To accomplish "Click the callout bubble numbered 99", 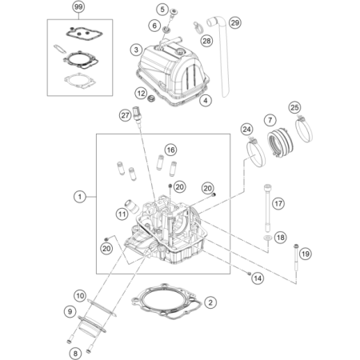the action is [78, 7].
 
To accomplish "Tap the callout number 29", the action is [234, 22].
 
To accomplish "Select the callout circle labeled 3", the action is [136, 50].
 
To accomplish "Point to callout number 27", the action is [125, 115].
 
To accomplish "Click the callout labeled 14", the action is [258, 278].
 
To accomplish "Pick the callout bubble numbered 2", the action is [210, 302].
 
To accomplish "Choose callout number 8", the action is [75, 354].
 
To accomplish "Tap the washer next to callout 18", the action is [267, 238].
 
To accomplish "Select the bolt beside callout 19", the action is [296, 258].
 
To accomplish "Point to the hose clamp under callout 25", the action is [304, 128].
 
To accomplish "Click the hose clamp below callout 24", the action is [255, 152].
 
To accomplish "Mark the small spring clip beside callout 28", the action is [198, 28].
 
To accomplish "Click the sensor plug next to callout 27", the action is [137, 114].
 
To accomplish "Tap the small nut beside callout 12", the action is [152, 98].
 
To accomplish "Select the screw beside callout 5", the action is [174, 14].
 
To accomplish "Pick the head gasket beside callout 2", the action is [166, 302].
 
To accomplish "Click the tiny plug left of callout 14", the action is [249, 274].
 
